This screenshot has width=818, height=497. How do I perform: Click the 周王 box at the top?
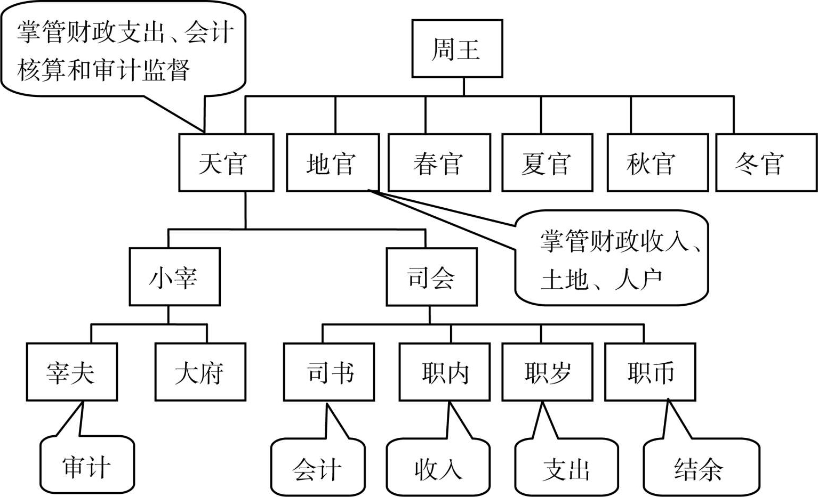point(457,49)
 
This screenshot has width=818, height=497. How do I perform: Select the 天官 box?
point(226,162)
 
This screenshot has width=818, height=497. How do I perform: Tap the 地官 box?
point(333,162)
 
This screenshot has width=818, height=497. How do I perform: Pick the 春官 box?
point(439,162)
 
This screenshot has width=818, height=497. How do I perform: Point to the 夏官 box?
point(547,162)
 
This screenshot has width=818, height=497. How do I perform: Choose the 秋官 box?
point(657,162)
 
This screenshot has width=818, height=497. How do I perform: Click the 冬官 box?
point(766,162)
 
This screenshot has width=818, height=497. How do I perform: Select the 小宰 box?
point(174,276)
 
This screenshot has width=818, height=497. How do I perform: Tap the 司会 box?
point(431,276)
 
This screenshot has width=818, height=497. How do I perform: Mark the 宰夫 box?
point(71,372)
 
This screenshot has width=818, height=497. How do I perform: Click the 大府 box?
point(200,372)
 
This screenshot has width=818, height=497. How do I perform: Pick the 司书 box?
point(328,372)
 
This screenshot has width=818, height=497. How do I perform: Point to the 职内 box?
point(444,372)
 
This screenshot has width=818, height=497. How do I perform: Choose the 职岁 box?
point(547,372)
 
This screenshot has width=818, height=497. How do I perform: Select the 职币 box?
point(650,372)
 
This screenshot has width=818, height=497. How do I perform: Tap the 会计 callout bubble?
point(318,468)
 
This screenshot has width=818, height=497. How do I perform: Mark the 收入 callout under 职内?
point(438,468)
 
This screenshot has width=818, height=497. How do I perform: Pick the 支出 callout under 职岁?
point(566,468)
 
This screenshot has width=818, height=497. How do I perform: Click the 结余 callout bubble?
point(700,468)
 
